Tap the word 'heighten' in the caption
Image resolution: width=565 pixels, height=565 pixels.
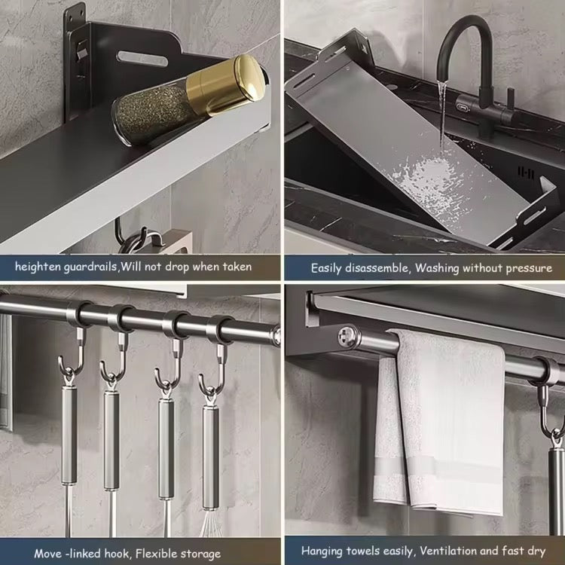38,267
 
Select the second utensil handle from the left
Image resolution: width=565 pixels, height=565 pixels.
112,437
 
